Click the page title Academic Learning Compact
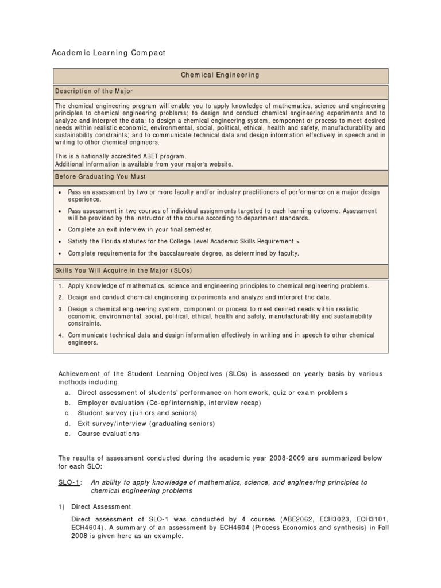pyautogui.click(x=109, y=53)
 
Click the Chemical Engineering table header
pyautogui.click(x=220, y=75)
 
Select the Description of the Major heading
pyautogui.click(x=94, y=91)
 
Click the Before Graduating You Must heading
pyautogui.click(x=100, y=176)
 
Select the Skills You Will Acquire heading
pyautogui.click(x=123, y=270)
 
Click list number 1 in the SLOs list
pyautogui.click(x=61, y=286)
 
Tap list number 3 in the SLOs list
pyautogui.click(x=61, y=309)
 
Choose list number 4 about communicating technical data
pyautogui.click(x=61, y=335)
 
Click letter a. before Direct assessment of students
pyautogui.click(x=67, y=393)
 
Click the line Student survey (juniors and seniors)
pyautogui.click(x=137, y=413)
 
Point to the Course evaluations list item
pyautogui.click(x=109, y=434)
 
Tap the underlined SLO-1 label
pyautogui.click(x=69, y=483)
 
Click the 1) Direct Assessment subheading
pyautogui.click(x=101, y=507)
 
